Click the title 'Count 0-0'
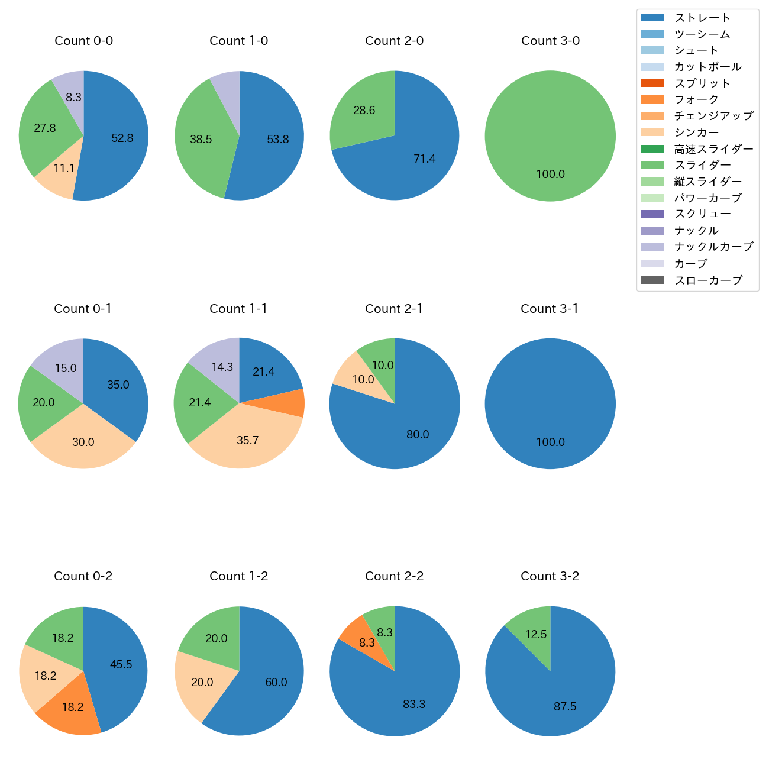click(83, 41)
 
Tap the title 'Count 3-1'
click(550, 309)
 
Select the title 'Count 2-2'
click(394, 576)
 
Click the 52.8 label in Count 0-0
click(122, 138)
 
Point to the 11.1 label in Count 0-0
click(64, 169)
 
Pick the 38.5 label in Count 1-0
click(201, 140)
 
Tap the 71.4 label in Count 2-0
click(425, 159)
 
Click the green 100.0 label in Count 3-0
click(550, 175)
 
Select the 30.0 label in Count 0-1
click(83, 442)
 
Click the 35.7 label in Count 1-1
click(247, 441)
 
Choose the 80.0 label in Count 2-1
click(418, 434)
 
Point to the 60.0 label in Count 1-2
click(276, 682)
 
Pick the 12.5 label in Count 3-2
click(536, 634)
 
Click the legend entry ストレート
click(702, 18)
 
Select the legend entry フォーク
click(696, 99)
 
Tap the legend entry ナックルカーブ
click(713, 247)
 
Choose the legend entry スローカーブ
click(707, 280)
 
